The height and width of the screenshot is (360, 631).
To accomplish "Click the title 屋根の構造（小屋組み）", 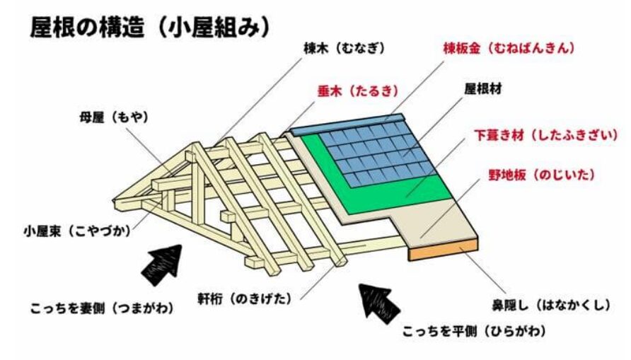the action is pyautogui.click(x=150, y=28).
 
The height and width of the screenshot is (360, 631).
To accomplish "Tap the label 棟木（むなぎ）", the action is pyautogui.click(x=344, y=49).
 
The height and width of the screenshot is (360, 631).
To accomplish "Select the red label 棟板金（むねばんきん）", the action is pyautogui.click(x=509, y=48).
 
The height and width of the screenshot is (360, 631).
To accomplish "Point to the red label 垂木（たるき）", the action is pyautogui.click(x=358, y=91).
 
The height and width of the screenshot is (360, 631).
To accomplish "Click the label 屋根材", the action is pyautogui.click(x=483, y=89).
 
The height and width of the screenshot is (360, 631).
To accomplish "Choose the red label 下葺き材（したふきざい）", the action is pyautogui.click(x=545, y=135).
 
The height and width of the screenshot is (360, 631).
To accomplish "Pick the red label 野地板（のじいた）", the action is pyautogui.click(x=541, y=175).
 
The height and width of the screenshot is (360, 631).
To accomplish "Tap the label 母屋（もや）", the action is pyautogui.click(x=114, y=117).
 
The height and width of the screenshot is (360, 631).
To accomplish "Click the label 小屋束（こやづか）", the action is pyautogui.click(x=77, y=231).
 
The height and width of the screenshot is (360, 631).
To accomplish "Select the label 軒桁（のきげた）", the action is pyautogui.click(x=244, y=299).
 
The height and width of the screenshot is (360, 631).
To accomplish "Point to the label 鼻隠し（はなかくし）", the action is pyautogui.click(x=551, y=306).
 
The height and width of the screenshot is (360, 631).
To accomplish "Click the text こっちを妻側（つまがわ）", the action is pyautogui.click(x=102, y=308).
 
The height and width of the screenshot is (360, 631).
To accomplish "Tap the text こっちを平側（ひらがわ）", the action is pyautogui.click(x=475, y=332).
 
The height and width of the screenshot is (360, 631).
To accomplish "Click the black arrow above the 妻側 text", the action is pyautogui.click(x=162, y=265).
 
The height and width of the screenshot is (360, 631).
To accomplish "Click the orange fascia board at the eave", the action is pyautogui.click(x=443, y=250).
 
